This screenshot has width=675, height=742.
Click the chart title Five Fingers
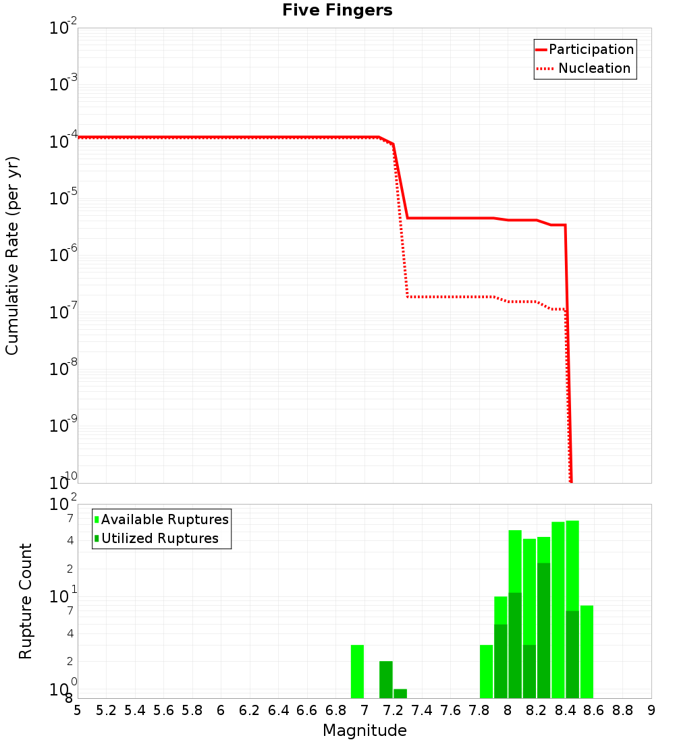coord(337,10)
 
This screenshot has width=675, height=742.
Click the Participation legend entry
coord(591,49)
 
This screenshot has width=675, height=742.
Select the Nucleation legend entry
coord(594,68)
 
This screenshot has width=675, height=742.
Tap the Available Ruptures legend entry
coord(165,519)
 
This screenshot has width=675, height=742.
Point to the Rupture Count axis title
coord(26,601)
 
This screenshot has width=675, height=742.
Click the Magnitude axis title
coord(364,731)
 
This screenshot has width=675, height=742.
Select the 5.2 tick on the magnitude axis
coord(106,710)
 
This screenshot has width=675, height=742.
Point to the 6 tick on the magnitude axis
coord(221,710)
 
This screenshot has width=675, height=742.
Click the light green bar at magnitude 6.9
coord(357,671)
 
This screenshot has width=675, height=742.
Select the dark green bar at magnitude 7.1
coord(386,679)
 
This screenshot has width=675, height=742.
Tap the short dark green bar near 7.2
coord(400,693)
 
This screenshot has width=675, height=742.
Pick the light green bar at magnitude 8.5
coord(587,652)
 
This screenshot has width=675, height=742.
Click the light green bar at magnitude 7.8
coord(486,671)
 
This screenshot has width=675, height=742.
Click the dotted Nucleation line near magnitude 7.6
coord(450,297)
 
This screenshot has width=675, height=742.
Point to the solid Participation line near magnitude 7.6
coord(450,218)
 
